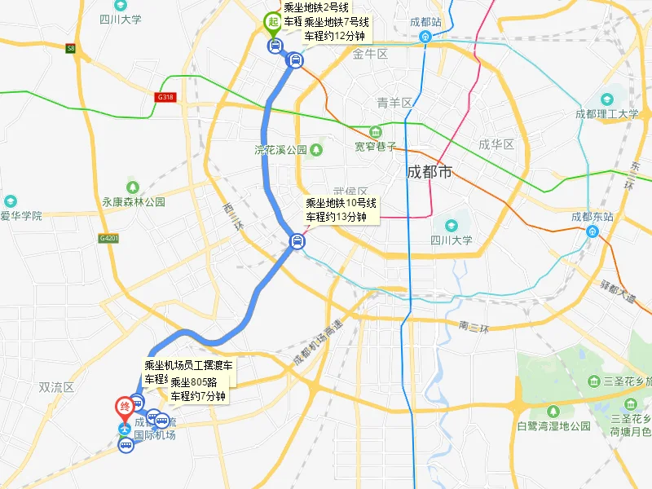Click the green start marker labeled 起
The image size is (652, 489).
[274, 22]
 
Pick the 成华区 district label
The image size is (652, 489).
[495, 144]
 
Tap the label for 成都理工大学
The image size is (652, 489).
[606, 114]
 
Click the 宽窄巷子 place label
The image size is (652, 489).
[375, 147]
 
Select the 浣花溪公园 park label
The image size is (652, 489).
[280, 150]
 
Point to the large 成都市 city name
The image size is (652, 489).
[430, 172]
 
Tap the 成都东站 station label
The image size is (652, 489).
[592, 217]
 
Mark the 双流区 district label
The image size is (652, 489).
[56, 388]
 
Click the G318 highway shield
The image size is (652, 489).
[165, 97]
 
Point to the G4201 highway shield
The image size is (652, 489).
[108, 238]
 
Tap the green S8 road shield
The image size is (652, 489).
[71, 49]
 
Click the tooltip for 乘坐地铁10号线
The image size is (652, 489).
[341, 209]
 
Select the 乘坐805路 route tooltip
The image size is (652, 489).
[198, 389]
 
